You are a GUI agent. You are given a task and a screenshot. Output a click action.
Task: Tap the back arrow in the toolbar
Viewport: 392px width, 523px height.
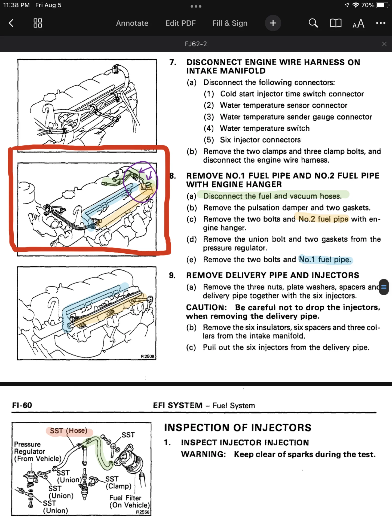tap(11, 23)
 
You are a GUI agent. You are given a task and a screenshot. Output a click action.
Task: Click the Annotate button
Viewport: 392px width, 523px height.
tap(132, 23)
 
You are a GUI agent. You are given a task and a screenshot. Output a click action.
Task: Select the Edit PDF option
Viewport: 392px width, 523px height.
tap(180, 23)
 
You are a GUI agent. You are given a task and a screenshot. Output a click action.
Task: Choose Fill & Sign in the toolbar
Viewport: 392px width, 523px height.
tap(230, 23)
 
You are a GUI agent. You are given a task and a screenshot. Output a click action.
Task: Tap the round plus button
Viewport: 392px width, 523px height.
tap(273, 23)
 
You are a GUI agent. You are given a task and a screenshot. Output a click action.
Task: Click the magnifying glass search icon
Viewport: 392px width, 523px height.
tap(313, 23)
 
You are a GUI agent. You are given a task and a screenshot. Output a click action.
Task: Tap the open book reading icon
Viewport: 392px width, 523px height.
tap(336, 23)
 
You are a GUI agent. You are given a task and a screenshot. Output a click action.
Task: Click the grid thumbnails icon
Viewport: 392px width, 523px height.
tap(38, 23)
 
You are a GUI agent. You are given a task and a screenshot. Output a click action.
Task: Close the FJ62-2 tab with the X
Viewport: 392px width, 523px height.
tap(384, 44)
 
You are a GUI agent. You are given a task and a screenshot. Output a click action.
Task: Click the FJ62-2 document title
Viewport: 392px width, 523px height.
tap(196, 44)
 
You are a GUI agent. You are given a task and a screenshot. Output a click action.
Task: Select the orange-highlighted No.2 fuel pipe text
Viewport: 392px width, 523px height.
tap(323, 219)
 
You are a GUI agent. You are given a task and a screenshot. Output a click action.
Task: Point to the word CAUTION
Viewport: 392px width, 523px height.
tap(206, 307)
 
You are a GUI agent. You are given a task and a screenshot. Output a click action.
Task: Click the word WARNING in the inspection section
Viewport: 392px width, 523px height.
tap(203, 454)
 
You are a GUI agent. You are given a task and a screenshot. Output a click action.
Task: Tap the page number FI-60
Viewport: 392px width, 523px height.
tap(22, 405)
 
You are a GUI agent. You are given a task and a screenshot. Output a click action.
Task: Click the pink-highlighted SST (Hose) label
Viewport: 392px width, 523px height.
tap(69, 431)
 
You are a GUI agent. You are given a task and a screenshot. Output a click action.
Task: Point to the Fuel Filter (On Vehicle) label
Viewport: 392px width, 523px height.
tap(129, 501)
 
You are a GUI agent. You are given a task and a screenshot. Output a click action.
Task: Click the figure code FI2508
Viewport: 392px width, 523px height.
tap(147, 356)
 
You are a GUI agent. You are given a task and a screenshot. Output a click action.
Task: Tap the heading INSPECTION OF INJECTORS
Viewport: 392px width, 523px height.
tap(237, 427)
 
